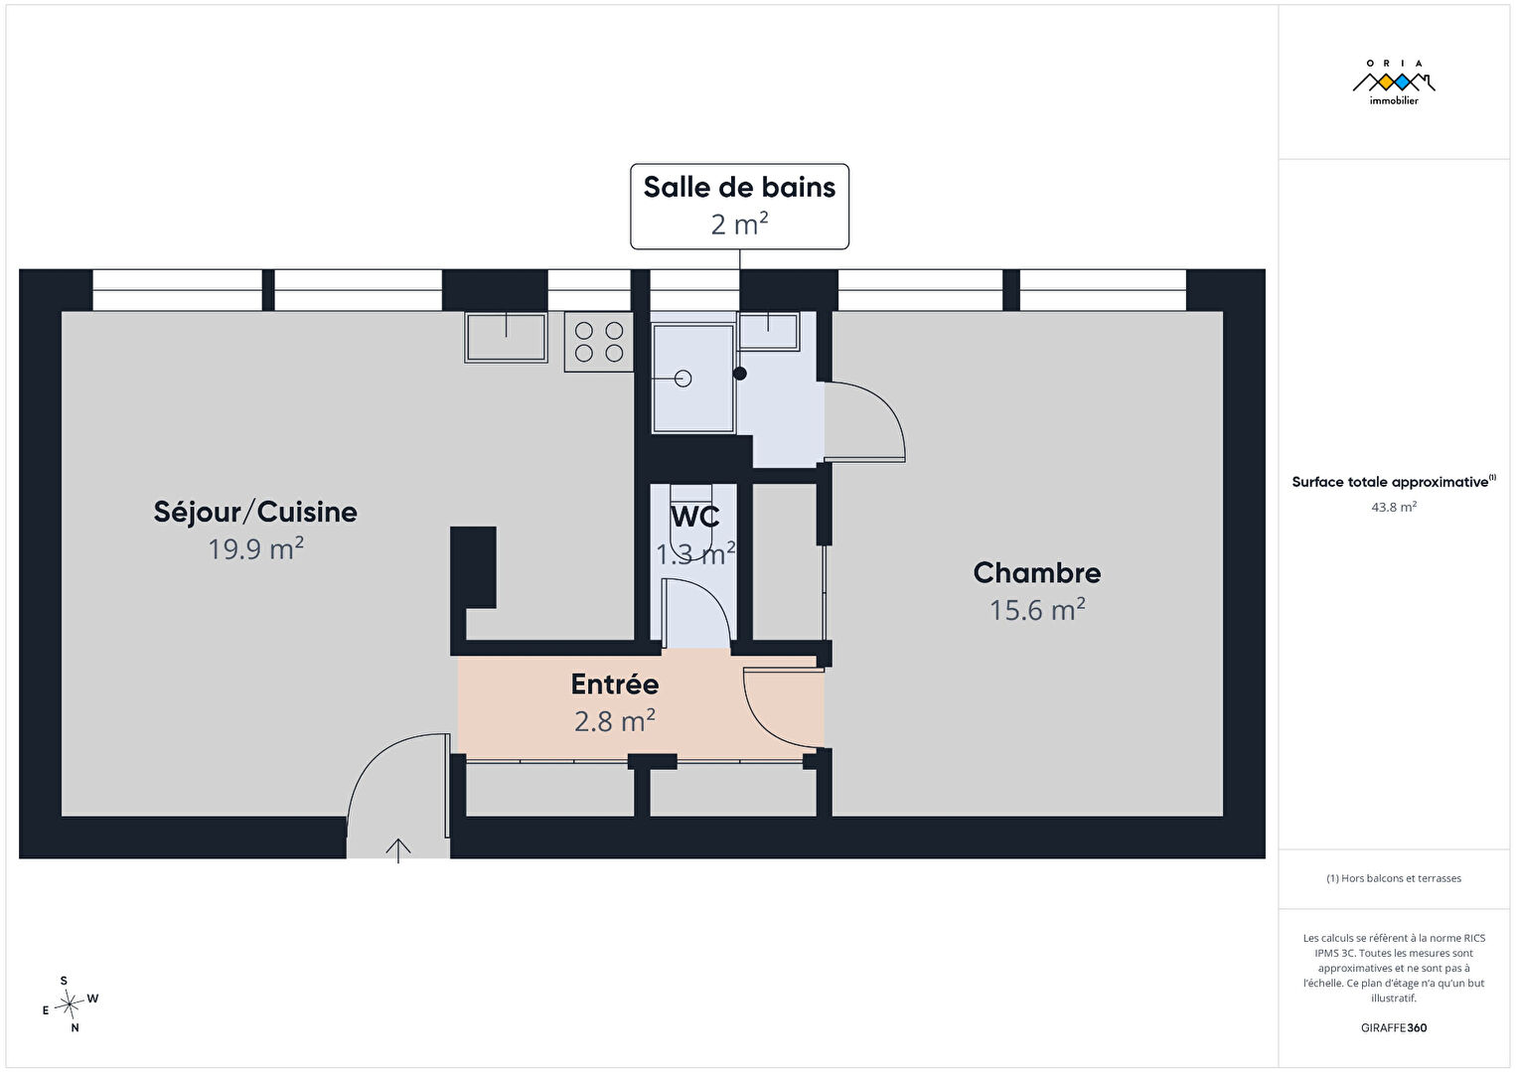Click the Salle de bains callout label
click(739, 188)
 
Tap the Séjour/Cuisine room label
click(255, 513)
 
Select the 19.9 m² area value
click(255, 548)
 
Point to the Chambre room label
click(1037, 573)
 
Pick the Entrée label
click(615, 685)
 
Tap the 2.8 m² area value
click(615, 721)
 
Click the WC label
click(694, 517)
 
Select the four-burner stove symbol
click(599, 342)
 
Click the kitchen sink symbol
click(507, 337)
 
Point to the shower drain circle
click(683, 379)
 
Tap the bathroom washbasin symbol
click(768, 331)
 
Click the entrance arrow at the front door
click(398, 850)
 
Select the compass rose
click(70, 1004)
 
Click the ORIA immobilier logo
click(1394, 82)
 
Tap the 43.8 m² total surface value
click(1394, 507)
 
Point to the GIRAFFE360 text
click(1394, 1027)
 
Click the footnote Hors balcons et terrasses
click(1394, 878)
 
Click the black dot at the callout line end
click(740, 373)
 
